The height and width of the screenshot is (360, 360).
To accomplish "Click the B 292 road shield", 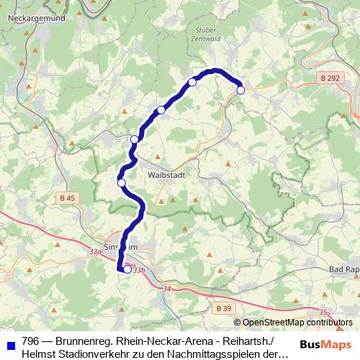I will pos(330,78).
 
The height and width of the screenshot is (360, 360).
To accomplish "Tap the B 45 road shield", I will pos(67,198).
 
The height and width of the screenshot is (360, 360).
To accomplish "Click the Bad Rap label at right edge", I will pos(343,269).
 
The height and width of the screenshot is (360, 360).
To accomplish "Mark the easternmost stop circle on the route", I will pos(240,90).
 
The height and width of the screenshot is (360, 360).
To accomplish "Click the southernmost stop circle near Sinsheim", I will pos(127,270).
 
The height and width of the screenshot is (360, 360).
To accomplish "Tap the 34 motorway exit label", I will pos(167,289).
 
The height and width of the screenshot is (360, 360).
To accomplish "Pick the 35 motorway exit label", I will pos(323,312).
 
